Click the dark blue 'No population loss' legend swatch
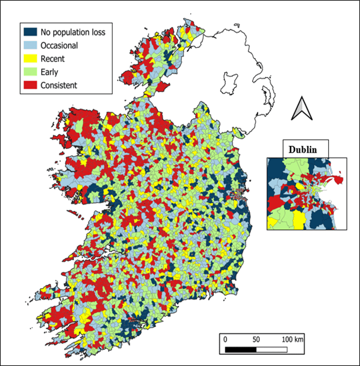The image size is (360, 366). click(31, 32)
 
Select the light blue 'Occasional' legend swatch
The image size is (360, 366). click(31, 45)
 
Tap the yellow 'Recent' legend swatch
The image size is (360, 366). click(31, 58)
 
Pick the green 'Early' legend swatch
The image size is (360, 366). click(31, 72)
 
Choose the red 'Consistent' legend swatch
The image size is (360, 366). click(31, 85)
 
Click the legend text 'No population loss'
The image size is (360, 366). click(73, 32)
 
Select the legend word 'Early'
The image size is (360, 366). click(50, 72)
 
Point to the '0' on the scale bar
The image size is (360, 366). click(225, 339)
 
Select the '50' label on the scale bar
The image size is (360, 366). click(256, 339)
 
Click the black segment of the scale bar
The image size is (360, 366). click(241, 348)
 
